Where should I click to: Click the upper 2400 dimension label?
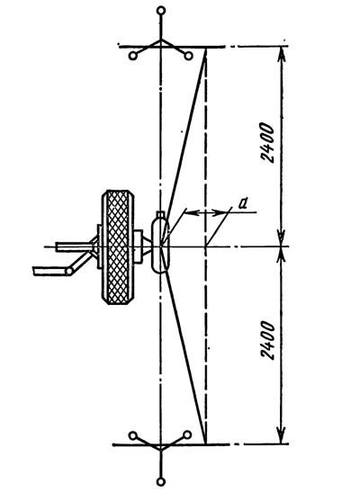[x=267, y=143]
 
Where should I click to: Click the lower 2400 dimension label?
[x=267, y=340]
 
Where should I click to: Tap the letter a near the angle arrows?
[x=243, y=204]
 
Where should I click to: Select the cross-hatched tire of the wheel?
[x=118, y=247]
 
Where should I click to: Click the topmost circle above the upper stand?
[x=161, y=11]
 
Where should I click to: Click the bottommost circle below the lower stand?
[x=161, y=481]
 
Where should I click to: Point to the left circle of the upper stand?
[x=133, y=56]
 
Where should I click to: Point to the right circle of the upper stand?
[x=188, y=56]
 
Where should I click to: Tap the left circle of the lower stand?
[x=133, y=436]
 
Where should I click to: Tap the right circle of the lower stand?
[x=187, y=435]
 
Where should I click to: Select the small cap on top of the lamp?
[x=161, y=215]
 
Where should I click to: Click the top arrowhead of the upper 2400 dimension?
[x=283, y=53]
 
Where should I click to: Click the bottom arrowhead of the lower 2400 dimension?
[x=283, y=437]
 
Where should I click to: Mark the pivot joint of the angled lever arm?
[x=68, y=271]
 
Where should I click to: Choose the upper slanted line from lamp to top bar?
[x=185, y=132]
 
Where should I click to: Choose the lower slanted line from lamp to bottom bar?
[x=185, y=359]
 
